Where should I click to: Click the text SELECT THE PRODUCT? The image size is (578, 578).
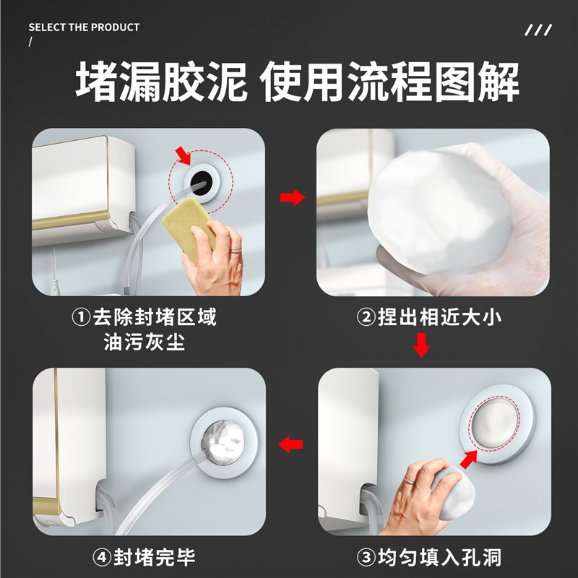pyautogui.click(x=84, y=27)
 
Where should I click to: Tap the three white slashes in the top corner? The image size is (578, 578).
pyautogui.click(x=538, y=30)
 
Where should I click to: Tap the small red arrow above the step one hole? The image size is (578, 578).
pyautogui.click(x=186, y=154)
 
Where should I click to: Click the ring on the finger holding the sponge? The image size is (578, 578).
pyautogui.click(x=236, y=249)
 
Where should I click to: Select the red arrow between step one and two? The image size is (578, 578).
pyautogui.click(x=292, y=197)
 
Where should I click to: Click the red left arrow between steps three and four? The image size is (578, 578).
pyautogui.click(x=292, y=444)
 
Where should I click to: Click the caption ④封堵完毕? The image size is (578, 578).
pyautogui.click(x=144, y=557)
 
